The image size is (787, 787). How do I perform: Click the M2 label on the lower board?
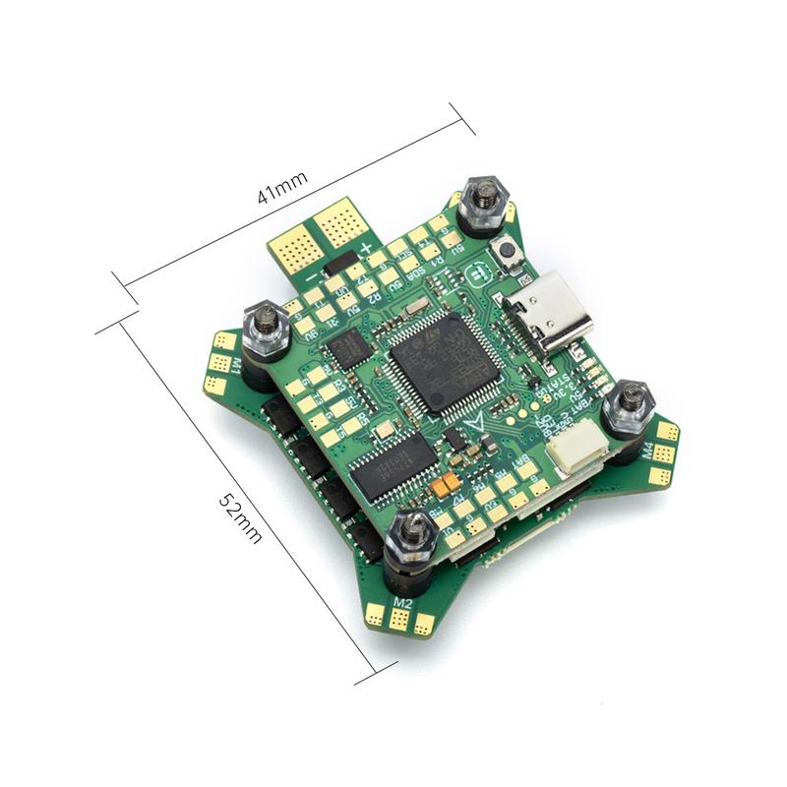coord(401,600)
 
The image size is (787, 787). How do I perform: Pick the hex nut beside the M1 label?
coord(266,326)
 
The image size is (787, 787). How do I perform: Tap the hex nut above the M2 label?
coord(411,536)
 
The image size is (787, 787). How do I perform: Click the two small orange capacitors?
coord(446,483)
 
